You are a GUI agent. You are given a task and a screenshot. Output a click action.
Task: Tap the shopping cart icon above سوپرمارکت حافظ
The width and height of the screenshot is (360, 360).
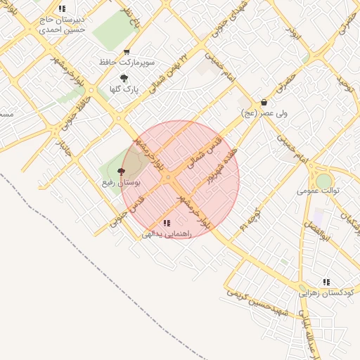tap(127, 52)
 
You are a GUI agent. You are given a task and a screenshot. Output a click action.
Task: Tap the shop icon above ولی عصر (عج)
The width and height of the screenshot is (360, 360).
tap(264, 102)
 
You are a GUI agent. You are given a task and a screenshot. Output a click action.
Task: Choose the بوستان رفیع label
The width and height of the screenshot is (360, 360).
tap(122, 182)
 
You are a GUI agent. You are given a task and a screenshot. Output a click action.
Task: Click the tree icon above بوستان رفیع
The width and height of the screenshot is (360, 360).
tap(122, 171)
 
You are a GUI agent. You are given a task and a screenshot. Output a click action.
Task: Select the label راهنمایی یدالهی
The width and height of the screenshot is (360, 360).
tap(167, 234)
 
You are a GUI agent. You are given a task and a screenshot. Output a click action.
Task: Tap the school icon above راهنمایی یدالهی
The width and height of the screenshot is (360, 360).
tap(166, 223)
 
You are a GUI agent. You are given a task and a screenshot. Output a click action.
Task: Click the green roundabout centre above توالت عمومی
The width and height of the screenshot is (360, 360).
tap(323, 181)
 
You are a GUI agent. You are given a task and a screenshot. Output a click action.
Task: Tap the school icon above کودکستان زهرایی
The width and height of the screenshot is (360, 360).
tap(326, 281)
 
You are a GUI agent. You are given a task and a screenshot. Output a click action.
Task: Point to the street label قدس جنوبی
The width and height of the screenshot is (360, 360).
tap(128, 211)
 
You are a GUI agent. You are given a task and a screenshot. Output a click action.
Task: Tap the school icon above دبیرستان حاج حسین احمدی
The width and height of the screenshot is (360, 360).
tap(62, 9)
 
